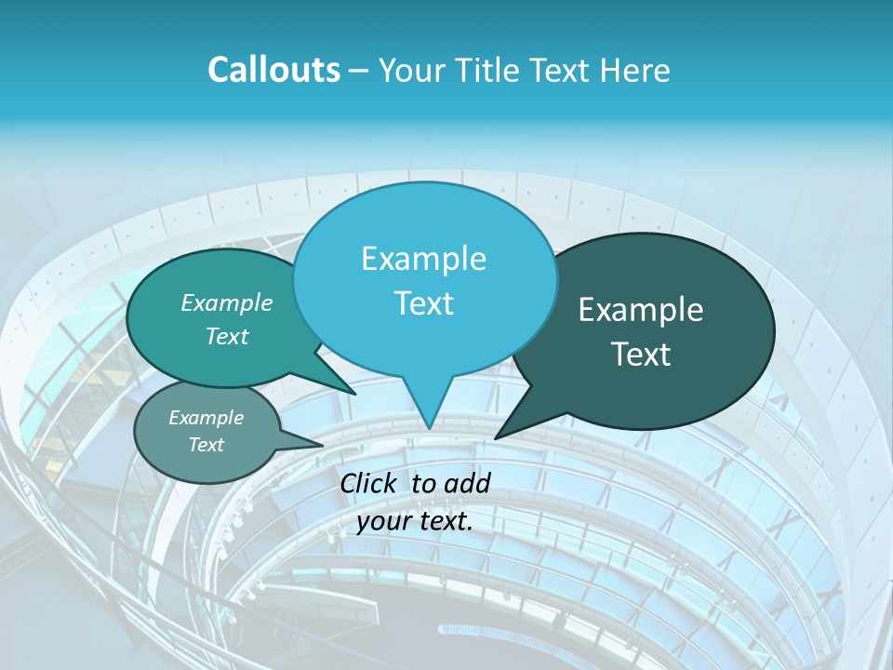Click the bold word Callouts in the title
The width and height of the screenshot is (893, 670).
coord(273,71)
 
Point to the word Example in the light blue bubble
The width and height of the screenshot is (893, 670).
coord(423,259)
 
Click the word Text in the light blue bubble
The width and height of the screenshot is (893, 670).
coord(423,303)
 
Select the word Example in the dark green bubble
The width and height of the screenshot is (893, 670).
coord(641,310)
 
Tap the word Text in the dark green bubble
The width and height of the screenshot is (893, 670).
coord(641,355)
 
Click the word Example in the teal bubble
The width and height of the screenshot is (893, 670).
coord(227,303)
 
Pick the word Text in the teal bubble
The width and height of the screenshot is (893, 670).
coord(227,337)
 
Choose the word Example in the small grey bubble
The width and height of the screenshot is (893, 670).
coord(206,418)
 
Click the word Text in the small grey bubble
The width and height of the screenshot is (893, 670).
coord(206,445)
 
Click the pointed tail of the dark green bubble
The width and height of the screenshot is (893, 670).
coord(500,435)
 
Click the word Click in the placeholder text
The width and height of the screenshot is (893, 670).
coord(371,483)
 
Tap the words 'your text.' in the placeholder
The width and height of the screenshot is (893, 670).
coord(415,521)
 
